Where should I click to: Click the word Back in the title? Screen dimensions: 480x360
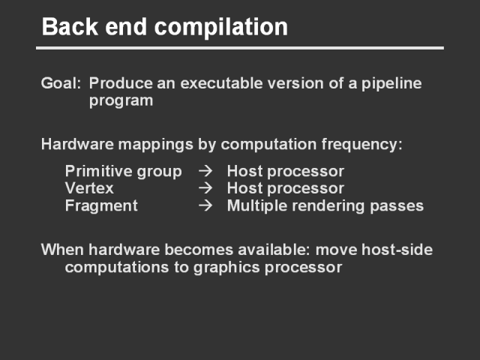tap(70, 27)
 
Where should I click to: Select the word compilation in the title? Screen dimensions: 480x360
tap(221, 28)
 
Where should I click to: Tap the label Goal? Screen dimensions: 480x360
tap(61, 83)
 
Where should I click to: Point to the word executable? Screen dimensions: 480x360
tap(221, 83)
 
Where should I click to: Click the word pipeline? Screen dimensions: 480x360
tap(391, 84)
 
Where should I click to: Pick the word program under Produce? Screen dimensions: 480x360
tap(121, 101)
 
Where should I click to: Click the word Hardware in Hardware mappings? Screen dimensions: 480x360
tap(77, 144)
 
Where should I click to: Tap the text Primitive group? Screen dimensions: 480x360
tap(123, 172)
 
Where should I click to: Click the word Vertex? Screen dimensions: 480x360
tap(89, 188)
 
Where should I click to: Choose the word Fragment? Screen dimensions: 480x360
tap(101, 206)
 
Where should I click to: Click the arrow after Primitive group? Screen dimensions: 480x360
tap(205, 171)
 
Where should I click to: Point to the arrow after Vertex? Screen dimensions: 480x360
tap(205, 188)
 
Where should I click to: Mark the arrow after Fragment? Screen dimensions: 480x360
tap(205, 205)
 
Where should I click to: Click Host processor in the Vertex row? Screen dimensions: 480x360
tap(286, 189)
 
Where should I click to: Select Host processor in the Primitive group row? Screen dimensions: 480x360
tap(286, 172)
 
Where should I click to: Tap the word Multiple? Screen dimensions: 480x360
tap(257, 206)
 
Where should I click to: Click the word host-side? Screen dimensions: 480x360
tap(397, 250)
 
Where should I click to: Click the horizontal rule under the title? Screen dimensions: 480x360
tap(240, 48)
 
